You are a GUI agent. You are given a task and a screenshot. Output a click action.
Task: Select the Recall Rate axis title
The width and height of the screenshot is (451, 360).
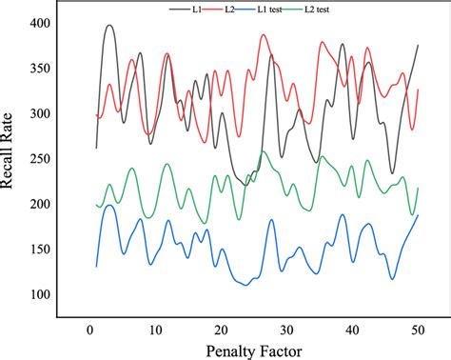click(12, 159)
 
